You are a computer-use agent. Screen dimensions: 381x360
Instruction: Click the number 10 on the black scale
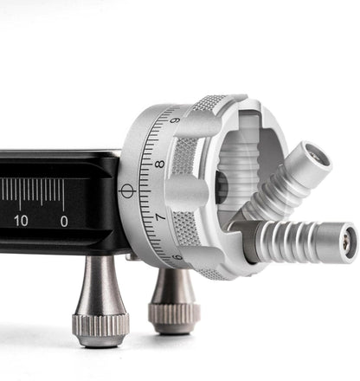tap(20, 221)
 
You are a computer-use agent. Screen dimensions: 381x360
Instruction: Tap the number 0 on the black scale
tap(63, 221)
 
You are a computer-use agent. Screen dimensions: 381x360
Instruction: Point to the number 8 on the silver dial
tap(159, 164)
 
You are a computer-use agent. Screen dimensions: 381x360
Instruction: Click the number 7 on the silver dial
tap(157, 211)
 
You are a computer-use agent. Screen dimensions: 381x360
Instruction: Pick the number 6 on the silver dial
tap(177, 256)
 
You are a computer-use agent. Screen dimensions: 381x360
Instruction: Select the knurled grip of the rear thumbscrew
tap(174, 317)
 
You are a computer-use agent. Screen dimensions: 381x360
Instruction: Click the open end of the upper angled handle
tap(314, 156)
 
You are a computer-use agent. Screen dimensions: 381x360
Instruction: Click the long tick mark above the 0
tap(63, 192)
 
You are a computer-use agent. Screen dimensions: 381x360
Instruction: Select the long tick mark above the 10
tap(20, 192)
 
